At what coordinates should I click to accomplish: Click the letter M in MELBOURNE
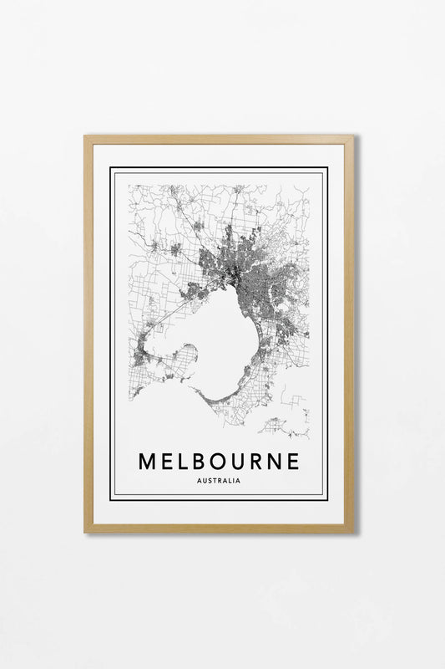[x=147, y=461]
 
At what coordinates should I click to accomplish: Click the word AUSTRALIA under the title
[x=221, y=481]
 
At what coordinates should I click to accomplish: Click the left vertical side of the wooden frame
[x=88, y=334]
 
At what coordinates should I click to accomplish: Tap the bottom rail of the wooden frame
[x=219, y=528]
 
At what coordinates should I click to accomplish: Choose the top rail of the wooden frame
[x=219, y=140]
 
